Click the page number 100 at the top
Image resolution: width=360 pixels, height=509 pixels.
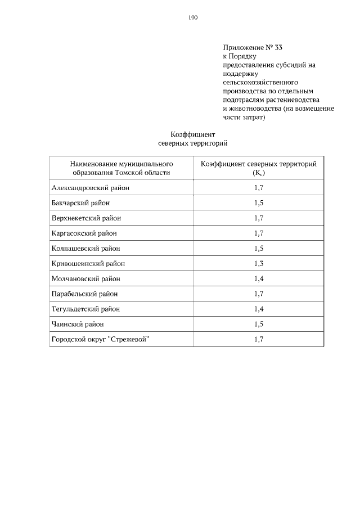click(x=193, y=17)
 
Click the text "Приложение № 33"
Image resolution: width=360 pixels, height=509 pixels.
click(x=252, y=47)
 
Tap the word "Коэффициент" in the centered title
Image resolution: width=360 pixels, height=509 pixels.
click(x=193, y=134)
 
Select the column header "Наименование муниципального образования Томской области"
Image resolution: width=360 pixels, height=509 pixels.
click(x=121, y=168)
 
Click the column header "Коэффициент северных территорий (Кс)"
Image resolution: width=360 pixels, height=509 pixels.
click(x=259, y=168)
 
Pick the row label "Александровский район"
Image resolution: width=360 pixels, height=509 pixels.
click(x=91, y=188)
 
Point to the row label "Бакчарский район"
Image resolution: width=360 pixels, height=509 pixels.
click(x=80, y=203)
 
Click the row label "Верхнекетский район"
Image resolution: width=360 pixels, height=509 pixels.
click(x=86, y=218)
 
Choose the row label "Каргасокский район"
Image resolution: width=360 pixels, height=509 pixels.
click(x=84, y=233)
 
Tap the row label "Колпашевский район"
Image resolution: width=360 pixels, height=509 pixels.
click(x=85, y=248)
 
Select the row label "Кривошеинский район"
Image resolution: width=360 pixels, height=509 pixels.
click(x=88, y=263)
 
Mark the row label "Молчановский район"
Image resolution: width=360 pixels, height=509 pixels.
click(x=85, y=278)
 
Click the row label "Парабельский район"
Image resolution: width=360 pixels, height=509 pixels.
click(x=84, y=294)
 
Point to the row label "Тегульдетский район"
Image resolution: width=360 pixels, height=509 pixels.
click(x=85, y=309)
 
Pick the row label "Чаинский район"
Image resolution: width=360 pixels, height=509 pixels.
click(x=78, y=324)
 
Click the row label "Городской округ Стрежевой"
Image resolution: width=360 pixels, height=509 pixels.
click(x=101, y=339)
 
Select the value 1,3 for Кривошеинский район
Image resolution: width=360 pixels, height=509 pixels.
click(x=259, y=263)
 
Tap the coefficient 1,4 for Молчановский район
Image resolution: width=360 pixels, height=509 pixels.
click(x=259, y=278)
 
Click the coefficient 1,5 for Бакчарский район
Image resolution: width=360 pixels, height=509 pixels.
click(x=259, y=203)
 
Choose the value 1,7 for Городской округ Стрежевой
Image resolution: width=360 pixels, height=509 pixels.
click(x=259, y=339)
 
